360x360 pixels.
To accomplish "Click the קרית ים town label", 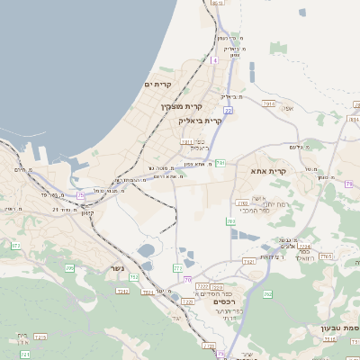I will pos(157,84).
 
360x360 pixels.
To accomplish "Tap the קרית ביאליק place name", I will pos(200,120).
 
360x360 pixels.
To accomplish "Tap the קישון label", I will pos(85,213).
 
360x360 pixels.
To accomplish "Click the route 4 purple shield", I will pos(214,60).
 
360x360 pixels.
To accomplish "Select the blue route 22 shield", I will pos(229,111).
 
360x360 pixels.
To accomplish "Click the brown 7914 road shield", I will pos(269,104).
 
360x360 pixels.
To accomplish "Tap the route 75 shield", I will pos(81,194).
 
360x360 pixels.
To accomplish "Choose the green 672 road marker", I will pos(15,245).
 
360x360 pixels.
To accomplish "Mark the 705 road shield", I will pos(325,256).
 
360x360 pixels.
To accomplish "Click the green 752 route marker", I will pos(134,277).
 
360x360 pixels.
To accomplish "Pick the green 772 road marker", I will pos(177,267).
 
